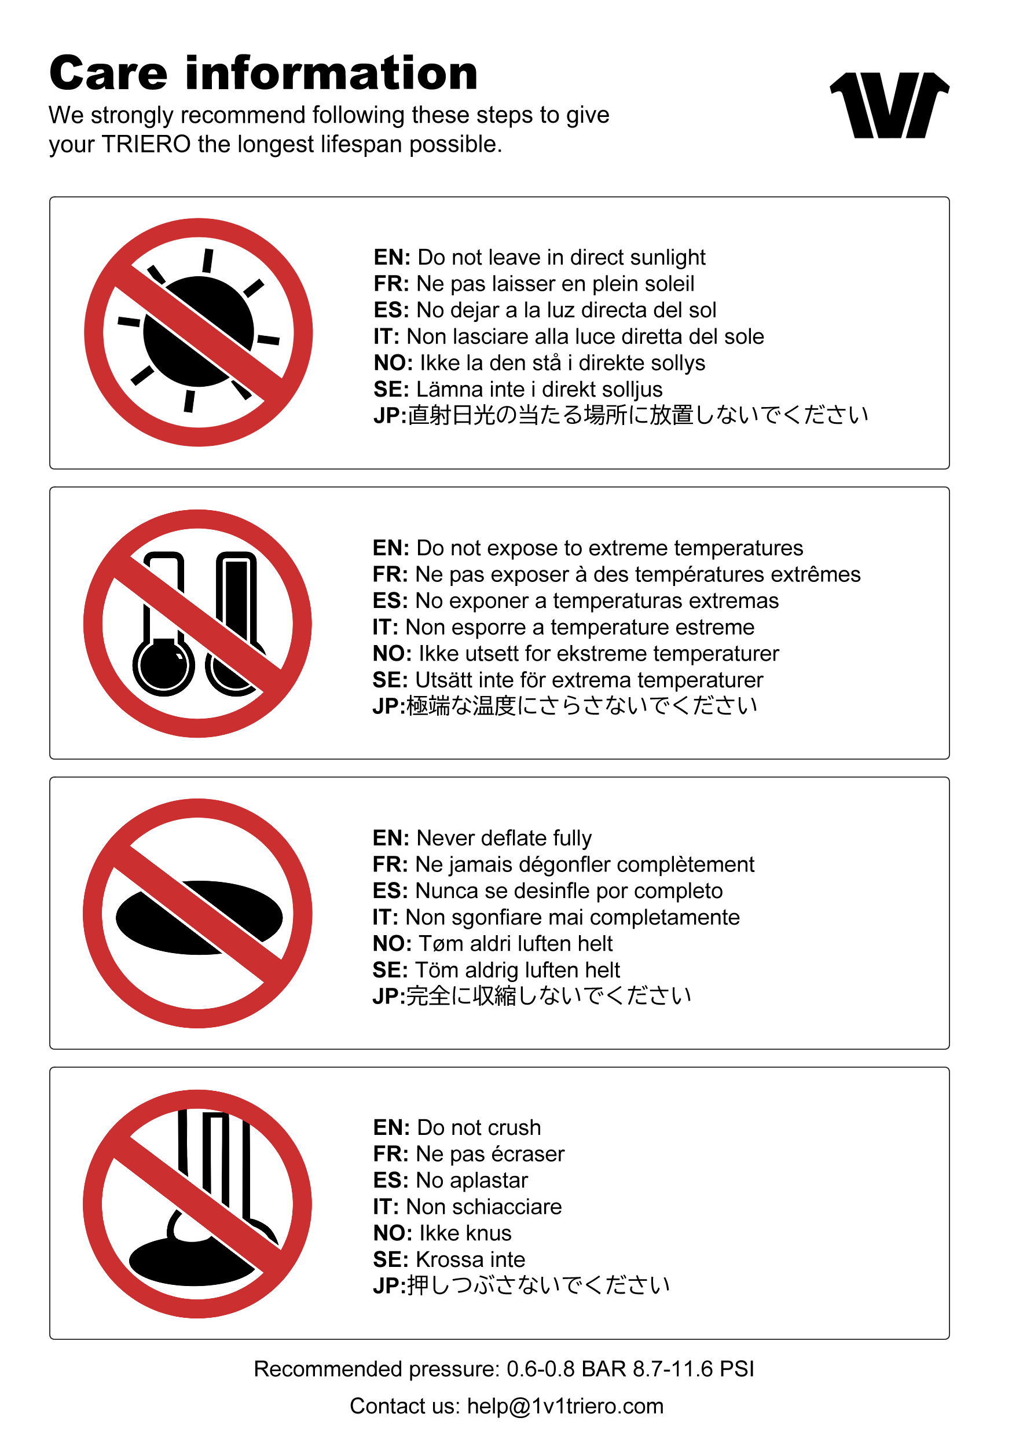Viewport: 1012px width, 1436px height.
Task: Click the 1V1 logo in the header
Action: pos(889,105)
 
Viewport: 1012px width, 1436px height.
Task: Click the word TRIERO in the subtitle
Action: pos(146,145)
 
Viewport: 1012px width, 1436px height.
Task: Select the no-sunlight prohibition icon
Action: pos(198,332)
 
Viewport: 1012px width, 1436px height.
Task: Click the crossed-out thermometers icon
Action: pos(197,624)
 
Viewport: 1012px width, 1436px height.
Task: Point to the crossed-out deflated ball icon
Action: pos(197,913)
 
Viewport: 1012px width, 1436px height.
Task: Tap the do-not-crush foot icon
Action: pos(197,1204)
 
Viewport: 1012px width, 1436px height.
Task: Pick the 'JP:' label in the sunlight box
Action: pos(390,415)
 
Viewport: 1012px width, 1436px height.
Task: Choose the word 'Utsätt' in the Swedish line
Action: pos(443,680)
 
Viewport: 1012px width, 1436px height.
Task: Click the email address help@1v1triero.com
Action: pos(565,1406)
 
